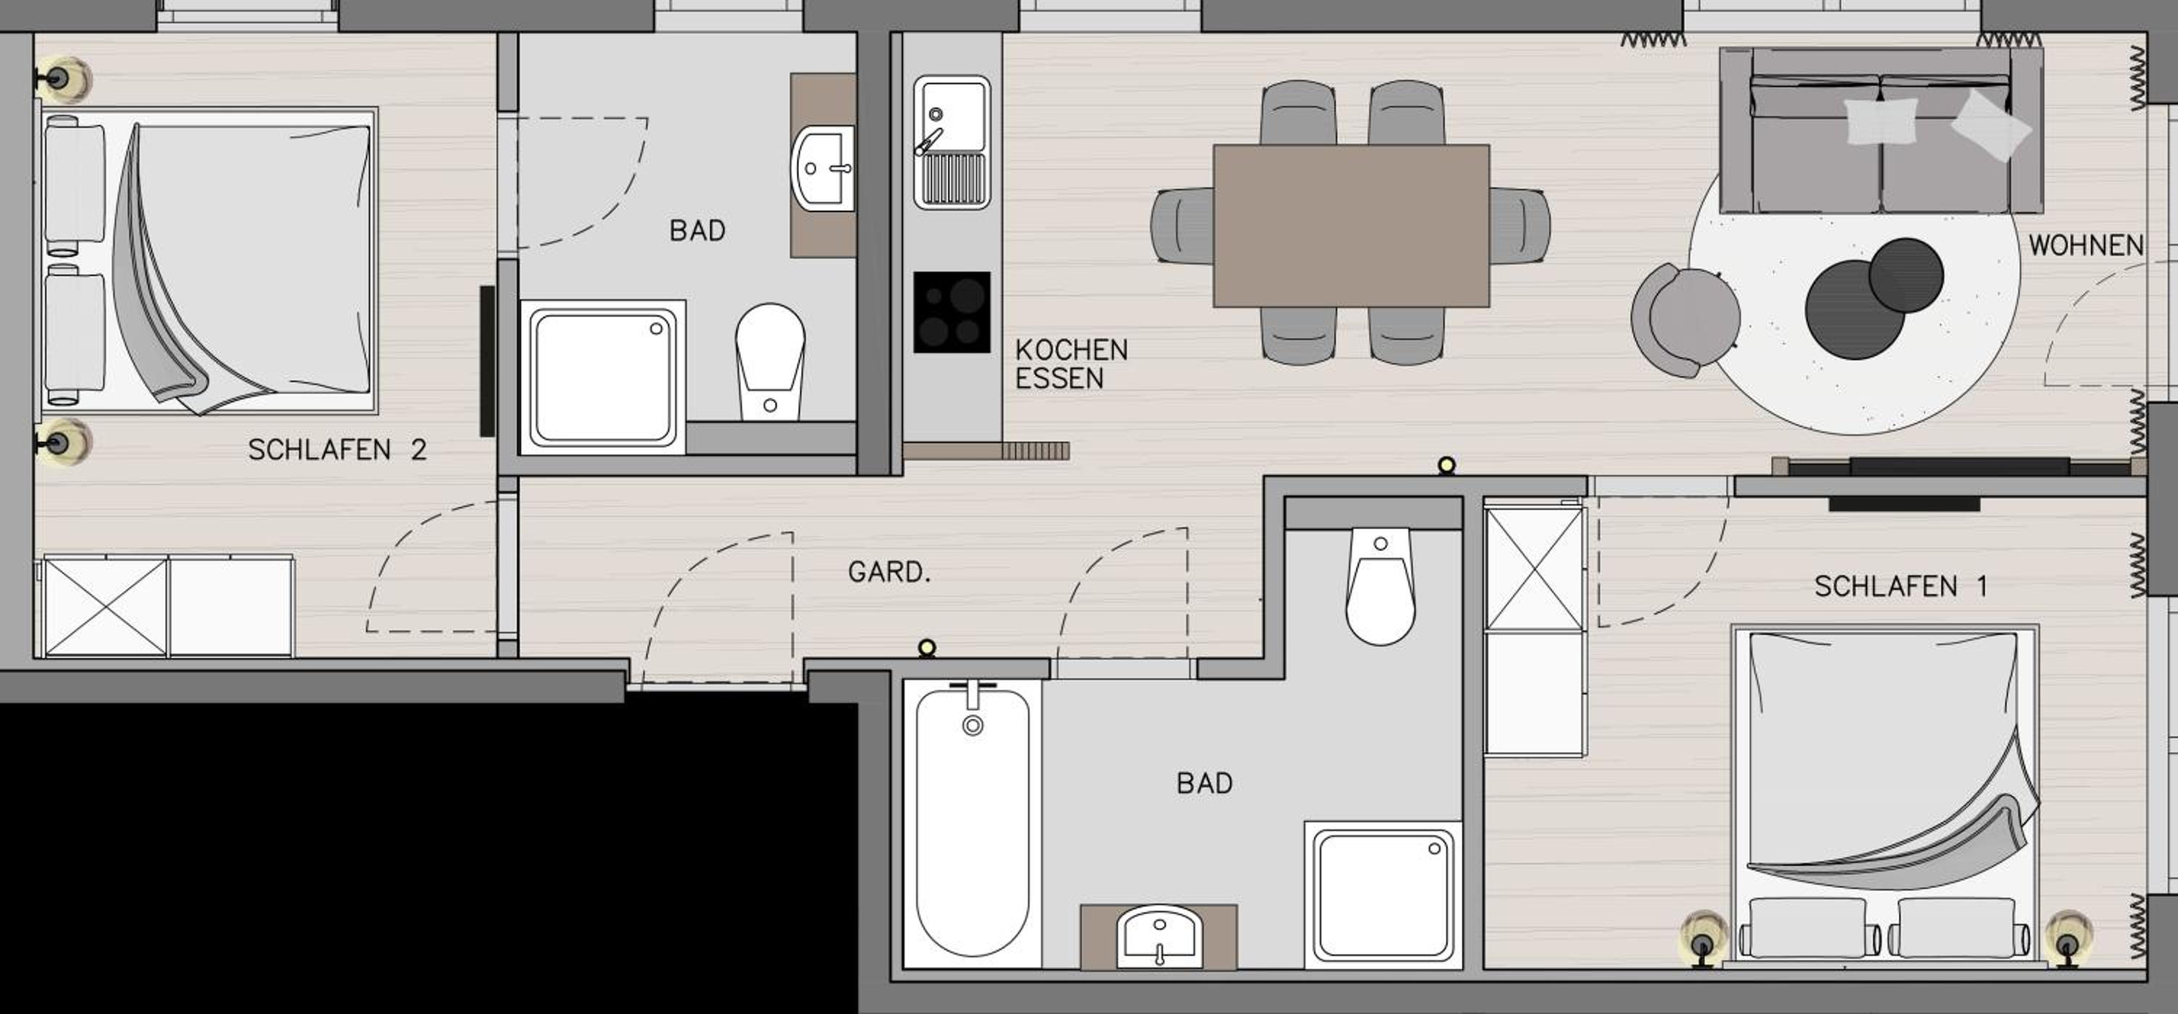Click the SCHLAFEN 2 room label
(337, 450)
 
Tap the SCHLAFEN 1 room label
(1900, 586)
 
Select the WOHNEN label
(2086, 246)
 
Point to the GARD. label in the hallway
(889, 572)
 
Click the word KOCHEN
(1072, 349)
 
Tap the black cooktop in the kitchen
(951, 312)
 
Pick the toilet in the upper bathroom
(770, 362)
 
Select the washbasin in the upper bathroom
(823, 169)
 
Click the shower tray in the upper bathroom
(603, 377)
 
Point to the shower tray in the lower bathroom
(1383, 895)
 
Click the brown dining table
(1351, 226)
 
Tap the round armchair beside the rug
(1684, 320)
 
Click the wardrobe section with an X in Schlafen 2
(106, 607)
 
